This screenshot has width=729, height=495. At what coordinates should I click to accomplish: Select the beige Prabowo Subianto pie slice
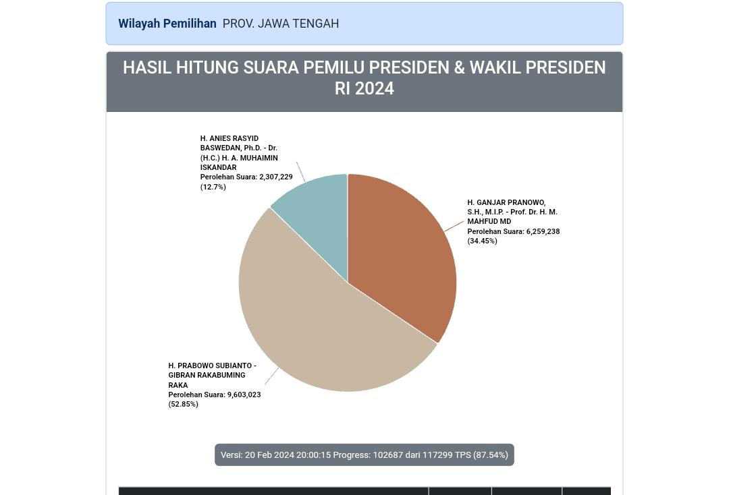(317, 324)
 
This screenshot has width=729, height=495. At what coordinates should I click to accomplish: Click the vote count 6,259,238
(543, 231)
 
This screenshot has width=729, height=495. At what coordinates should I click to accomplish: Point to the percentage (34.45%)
(482, 241)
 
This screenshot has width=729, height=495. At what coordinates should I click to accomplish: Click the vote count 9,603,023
(244, 395)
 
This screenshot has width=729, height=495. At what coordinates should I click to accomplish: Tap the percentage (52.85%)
(183, 404)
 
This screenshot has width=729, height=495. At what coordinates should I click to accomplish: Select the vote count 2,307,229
(275, 177)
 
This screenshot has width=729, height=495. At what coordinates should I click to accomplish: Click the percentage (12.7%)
(213, 187)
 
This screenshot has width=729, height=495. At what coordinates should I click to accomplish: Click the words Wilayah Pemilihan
(167, 24)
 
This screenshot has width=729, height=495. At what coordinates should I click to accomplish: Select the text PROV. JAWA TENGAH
(280, 24)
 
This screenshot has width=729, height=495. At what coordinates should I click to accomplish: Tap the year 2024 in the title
(374, 89)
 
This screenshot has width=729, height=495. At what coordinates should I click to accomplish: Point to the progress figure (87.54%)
(491, 455)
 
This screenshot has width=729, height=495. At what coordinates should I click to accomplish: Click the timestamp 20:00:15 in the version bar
(314, 455)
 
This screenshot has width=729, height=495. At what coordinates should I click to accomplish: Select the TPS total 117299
(437, 455)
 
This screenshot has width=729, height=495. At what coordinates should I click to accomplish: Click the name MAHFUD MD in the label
(489, 221)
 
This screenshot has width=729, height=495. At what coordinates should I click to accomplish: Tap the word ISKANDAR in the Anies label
(218, 167)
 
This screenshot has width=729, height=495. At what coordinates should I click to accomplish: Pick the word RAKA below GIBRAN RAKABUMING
(178, 385)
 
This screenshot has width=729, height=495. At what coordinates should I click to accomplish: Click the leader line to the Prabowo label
(271, 376)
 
